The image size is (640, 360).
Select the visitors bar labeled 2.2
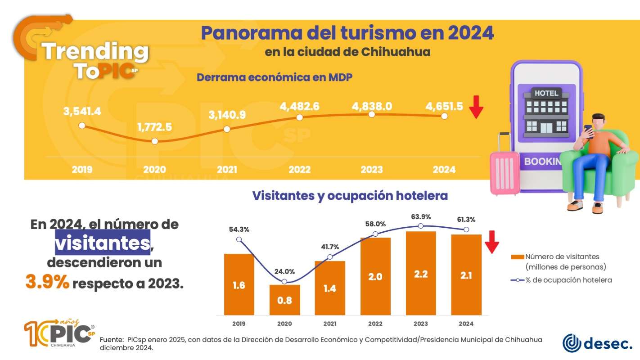click(420, 273)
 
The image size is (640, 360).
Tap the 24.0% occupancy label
click(284, 271)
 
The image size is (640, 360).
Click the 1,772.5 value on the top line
click(155, 127)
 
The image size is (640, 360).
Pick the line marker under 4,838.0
click(372, 114)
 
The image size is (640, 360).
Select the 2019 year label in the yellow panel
click(82, 170)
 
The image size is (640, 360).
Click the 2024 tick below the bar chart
click(466, 324)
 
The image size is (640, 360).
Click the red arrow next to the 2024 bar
click(491, 241)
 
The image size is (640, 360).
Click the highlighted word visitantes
click(103, 243)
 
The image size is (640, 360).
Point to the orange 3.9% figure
click(47, 283)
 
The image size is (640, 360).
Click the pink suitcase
click(504, 173)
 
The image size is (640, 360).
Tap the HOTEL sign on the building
click(546, 93)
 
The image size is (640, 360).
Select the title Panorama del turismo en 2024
click(347, 33)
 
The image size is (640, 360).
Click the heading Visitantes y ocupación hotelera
click(350, 196)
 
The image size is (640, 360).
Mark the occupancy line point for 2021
click(330, 257)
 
